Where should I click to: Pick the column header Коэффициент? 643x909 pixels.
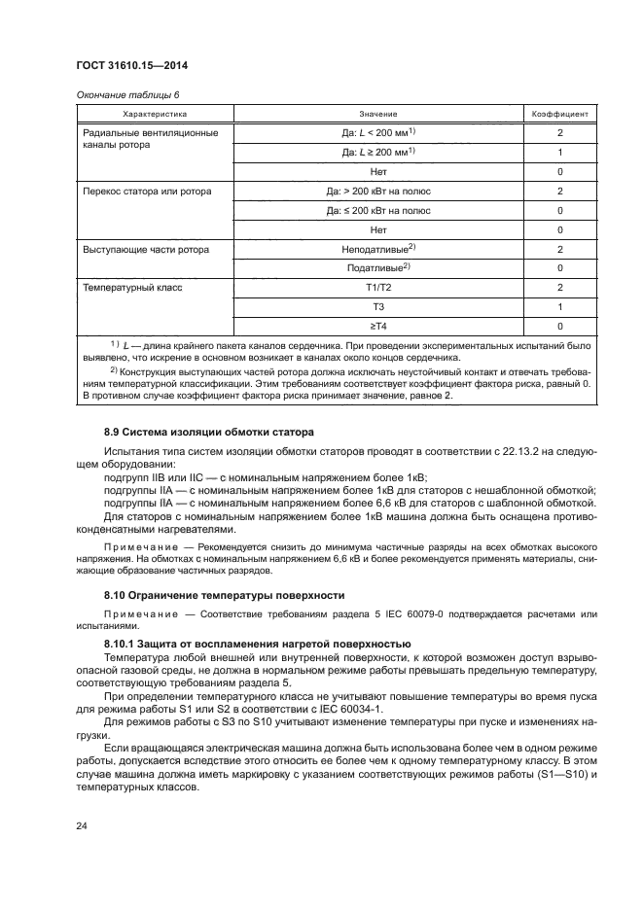click(x=559, y=114)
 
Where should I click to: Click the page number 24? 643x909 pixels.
click(x=82, y=825)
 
